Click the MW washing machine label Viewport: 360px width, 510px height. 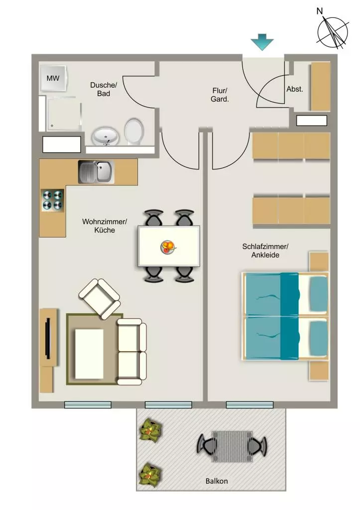(x=53, y=78)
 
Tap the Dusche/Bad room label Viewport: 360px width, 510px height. (x=104, y=89)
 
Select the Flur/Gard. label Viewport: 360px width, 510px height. (x=220, y=95)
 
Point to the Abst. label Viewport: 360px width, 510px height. (x=295, y=89)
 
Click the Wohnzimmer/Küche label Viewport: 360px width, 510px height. (x=105, y=226)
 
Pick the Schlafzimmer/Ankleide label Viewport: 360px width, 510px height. (x=265, y=251)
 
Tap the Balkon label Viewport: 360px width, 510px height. (x=217, y=481)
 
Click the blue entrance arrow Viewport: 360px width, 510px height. (x=262, y=42)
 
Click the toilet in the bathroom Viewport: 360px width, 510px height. (x=134, y=131)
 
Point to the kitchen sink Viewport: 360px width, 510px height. (x=96, y=171)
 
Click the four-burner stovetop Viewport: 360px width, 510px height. (x=52, y=200)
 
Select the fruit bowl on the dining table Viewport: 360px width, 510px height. (x=168, y=247)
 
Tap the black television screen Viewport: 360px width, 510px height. (x=48, y=338)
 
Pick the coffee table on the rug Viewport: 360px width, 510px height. (x=89, y=354)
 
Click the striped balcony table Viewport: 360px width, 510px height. (x=232, y=446)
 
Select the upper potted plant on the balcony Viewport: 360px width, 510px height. (x=150, y=430)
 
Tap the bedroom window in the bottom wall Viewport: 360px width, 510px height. (x=249, y=405)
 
